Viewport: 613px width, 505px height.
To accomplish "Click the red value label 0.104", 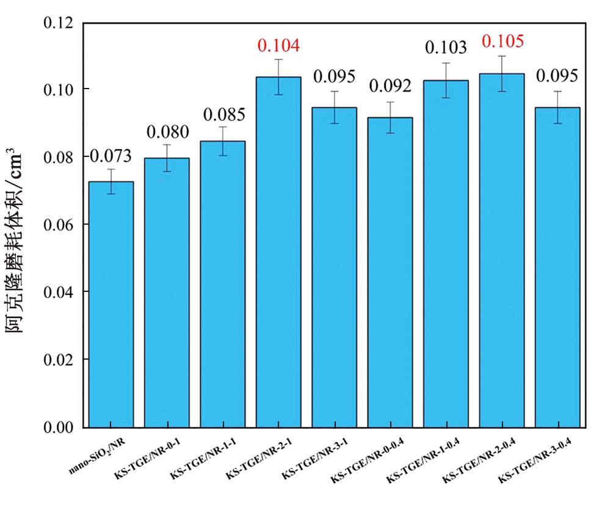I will tap(278, 45).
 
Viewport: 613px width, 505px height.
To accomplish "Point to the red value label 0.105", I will tap(502, 42).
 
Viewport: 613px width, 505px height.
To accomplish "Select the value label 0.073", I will tap(111, 156).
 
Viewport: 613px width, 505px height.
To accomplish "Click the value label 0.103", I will tap(446, 48).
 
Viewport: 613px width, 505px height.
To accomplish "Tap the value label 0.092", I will tap(390, 85).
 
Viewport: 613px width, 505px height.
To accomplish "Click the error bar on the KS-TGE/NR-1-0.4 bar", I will tap(446, 80).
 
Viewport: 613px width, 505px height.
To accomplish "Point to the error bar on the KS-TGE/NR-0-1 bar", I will tap(167, 158).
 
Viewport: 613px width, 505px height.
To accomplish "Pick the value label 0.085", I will tap(223, 114).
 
